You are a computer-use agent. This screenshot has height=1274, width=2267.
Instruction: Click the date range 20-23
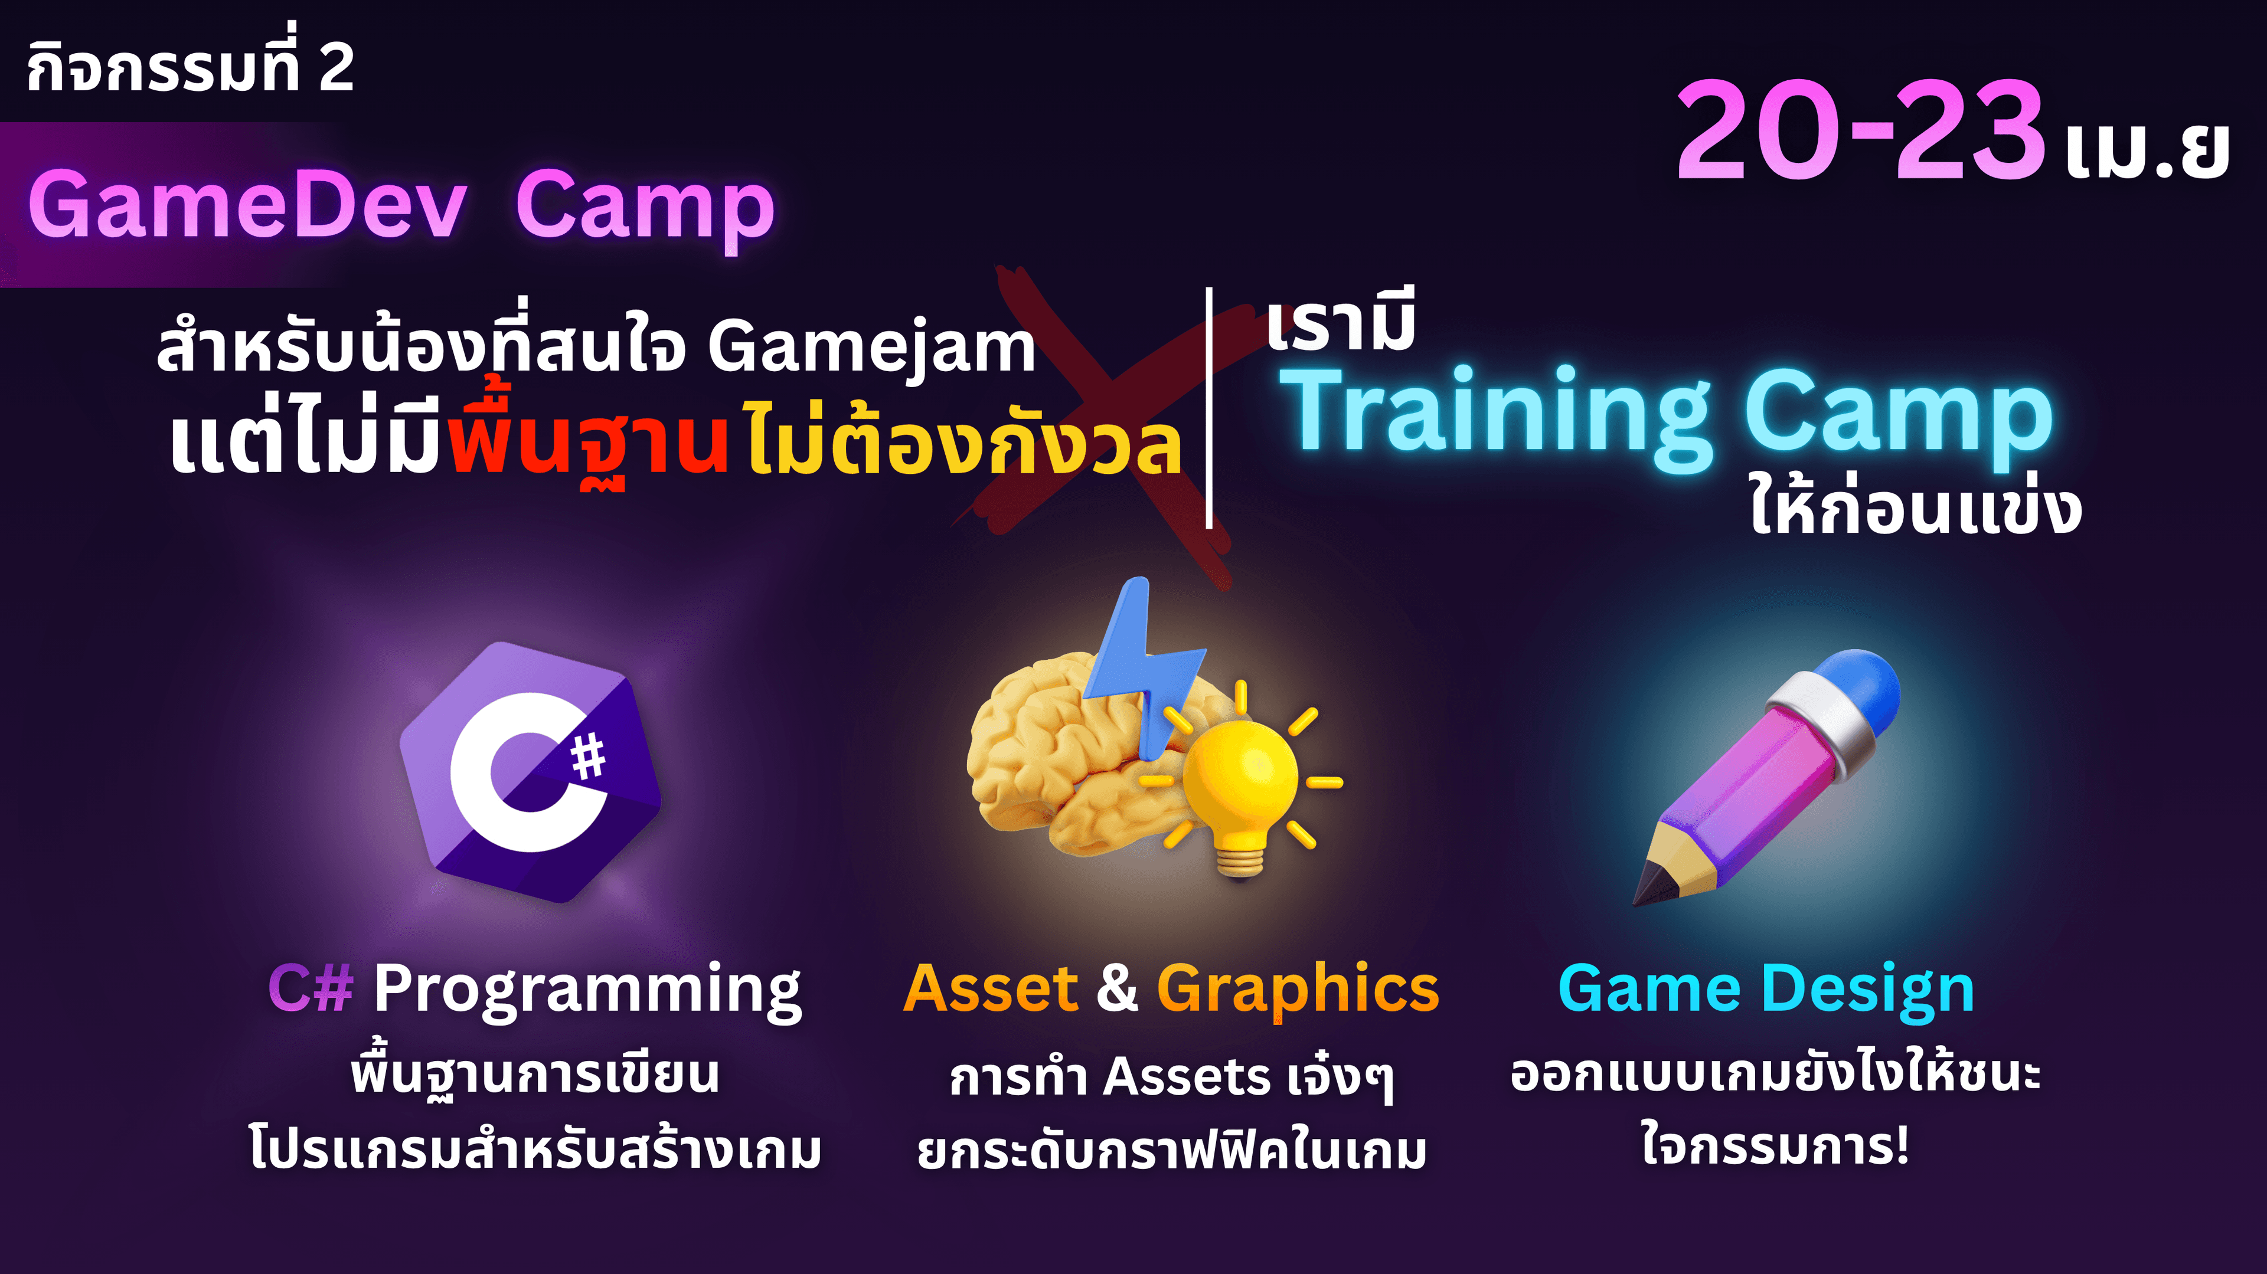tap(1860, 130)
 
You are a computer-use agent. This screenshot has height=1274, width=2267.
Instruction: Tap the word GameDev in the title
tap(247, 205)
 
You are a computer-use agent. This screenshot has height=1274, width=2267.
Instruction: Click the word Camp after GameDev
tap(644, 211)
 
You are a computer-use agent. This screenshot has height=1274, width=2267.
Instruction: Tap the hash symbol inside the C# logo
tap(588, 756)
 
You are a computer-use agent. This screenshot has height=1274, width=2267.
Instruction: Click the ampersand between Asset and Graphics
tap(1118, 988)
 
